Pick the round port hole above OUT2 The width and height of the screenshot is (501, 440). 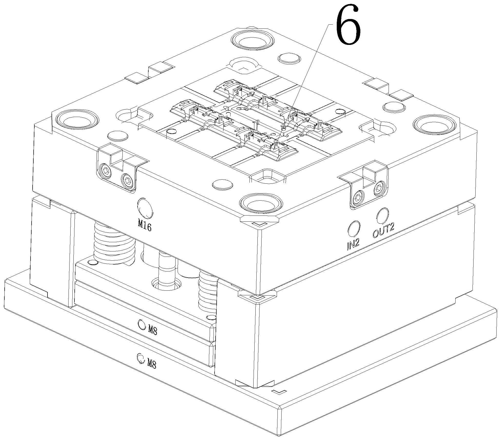(382, 215)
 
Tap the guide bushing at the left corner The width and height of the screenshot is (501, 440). (77, 120)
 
